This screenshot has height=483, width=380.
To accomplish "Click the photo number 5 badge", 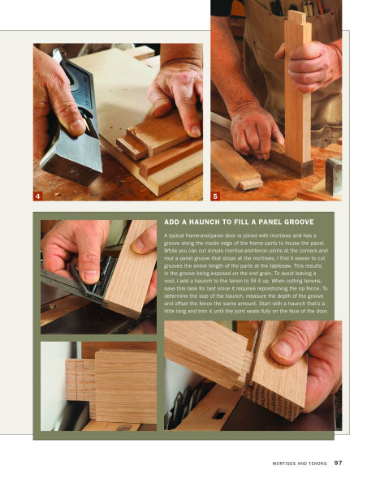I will (214, 196).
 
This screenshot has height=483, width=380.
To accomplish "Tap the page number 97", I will (338, 464).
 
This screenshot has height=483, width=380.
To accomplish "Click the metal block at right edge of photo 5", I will (333, 175).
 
